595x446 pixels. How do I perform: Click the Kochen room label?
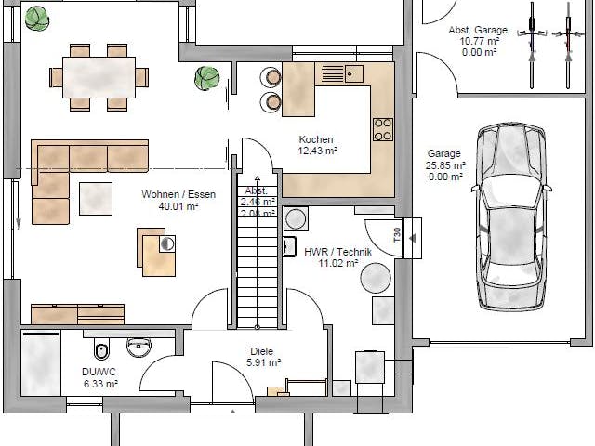(316, 138)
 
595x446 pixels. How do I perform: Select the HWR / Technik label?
(337, 252)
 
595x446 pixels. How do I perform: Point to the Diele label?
(260, 352)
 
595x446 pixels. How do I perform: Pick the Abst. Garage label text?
(478, 31)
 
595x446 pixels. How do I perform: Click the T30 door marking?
(397, 236)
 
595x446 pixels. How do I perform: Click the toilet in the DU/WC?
(102, 349)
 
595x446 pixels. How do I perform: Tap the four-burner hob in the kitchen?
(382, 129)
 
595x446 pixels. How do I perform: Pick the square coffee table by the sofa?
(96, 197)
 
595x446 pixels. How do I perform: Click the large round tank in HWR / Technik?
(376, 277)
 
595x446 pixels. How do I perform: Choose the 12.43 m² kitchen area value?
(317, 150)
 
